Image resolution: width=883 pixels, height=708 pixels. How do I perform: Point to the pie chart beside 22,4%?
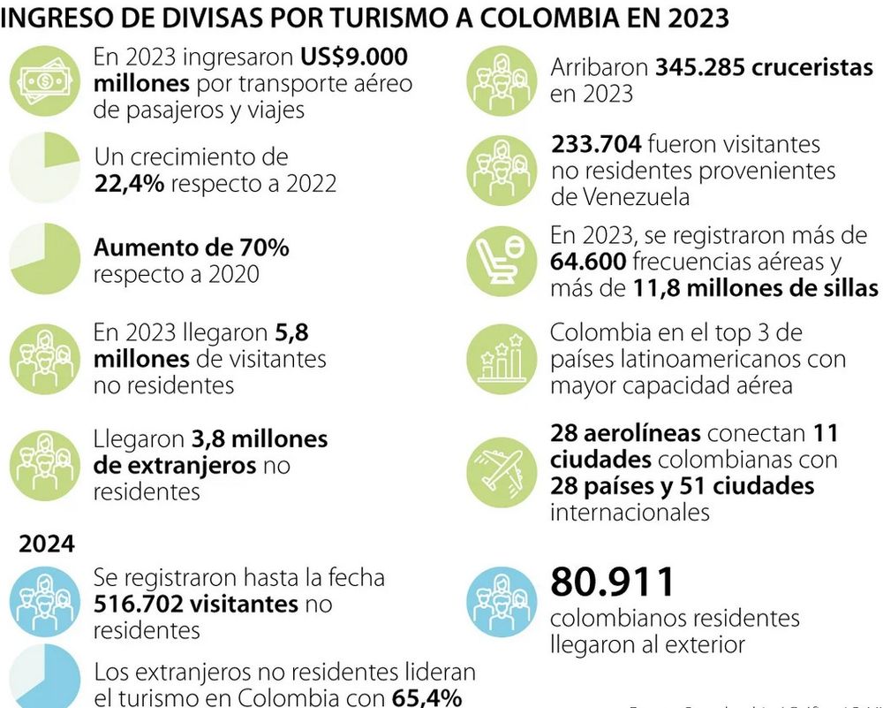[44, 169]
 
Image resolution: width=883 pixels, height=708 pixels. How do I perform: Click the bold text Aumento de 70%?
[192, 247]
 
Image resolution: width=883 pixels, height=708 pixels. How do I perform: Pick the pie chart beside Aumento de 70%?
[44, 258]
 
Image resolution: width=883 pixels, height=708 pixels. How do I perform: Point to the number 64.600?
[588, 263]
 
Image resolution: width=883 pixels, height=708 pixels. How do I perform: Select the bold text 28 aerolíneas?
[625, 434]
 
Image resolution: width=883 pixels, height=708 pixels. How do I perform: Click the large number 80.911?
[612, 582]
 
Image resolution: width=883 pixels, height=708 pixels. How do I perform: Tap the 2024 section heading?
[47, 544]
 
